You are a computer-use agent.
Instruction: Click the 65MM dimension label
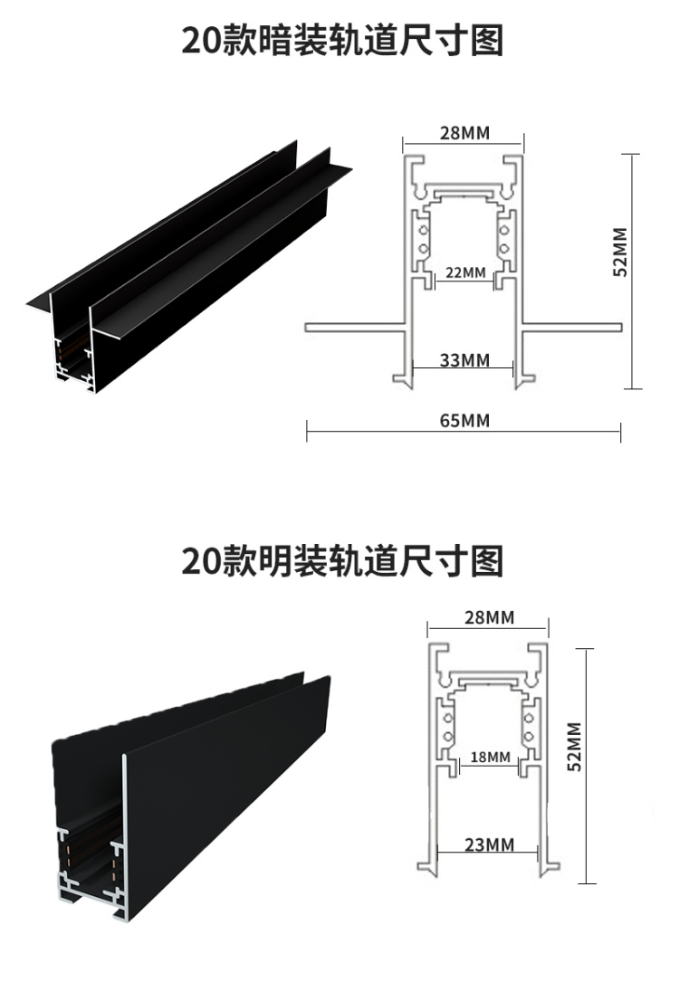coord(464,420)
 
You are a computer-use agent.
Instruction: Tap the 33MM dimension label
coord(464,360)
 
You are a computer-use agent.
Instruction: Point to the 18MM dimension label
coord(491,757)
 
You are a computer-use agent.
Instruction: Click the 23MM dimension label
coord(489,844)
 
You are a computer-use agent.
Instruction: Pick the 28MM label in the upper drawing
coord(464,133)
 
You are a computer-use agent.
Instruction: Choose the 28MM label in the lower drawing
coord(489,618)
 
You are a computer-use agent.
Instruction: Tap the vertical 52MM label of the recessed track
coord(620,253)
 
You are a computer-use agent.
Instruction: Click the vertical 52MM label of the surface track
coord(572,747)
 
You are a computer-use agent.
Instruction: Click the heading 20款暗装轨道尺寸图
coord(342,42)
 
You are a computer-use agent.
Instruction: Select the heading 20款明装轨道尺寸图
coord(342,561)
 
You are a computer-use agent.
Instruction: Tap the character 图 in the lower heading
coord(487,561)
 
